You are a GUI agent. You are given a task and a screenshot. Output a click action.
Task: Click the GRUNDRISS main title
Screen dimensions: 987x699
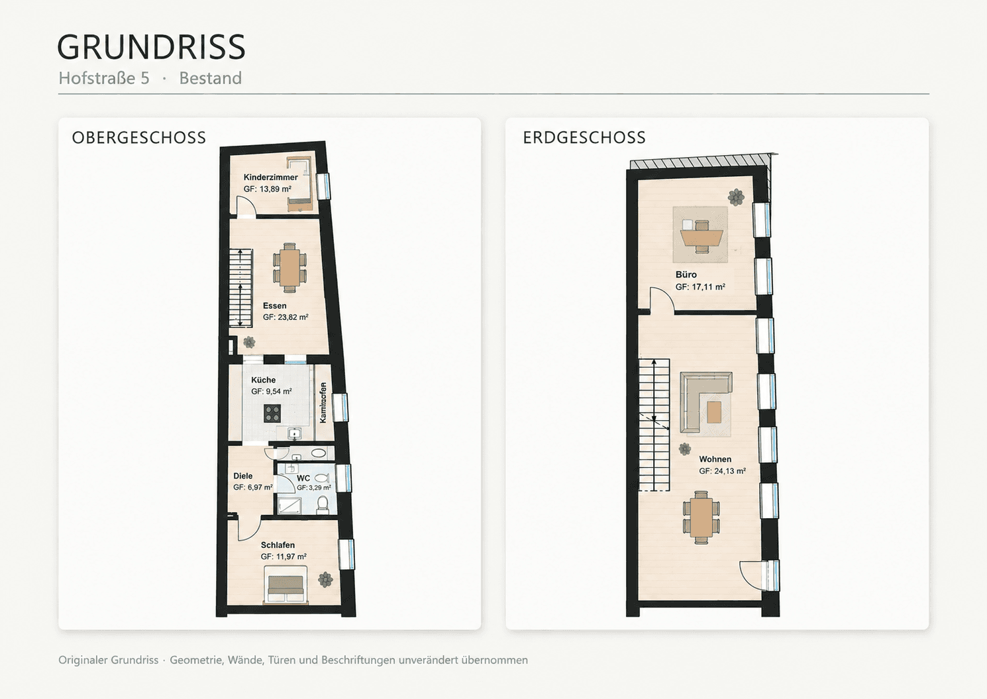coord(151,47)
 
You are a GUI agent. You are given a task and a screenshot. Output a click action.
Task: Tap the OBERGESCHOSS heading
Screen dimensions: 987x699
coord(139,138)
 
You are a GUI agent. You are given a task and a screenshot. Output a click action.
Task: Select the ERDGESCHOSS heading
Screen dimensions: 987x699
coord(584,138)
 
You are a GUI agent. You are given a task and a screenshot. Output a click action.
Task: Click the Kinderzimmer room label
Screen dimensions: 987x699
coord(270,177)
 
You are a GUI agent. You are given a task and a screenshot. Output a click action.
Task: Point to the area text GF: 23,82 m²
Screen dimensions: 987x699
coord(286,317)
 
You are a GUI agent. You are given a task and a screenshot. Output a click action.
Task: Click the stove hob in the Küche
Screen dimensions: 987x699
coord(272,413)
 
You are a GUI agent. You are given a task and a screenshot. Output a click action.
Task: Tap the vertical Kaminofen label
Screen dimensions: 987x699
coord(323,402)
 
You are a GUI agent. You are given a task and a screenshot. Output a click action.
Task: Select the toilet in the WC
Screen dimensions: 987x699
coord(323,505)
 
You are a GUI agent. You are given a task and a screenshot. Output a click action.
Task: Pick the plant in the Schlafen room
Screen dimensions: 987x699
coord(325,580)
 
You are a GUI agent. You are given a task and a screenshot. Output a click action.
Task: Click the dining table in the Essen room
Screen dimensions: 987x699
coord(289,268)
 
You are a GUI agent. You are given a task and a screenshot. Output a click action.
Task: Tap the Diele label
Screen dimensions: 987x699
coord(243,476)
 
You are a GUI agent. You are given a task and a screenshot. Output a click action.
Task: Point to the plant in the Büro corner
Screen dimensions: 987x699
coord(736,197)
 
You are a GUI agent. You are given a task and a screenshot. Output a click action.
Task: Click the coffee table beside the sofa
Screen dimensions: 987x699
coord(714,412)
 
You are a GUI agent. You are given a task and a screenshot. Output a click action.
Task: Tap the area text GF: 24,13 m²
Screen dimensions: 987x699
coord(722,470)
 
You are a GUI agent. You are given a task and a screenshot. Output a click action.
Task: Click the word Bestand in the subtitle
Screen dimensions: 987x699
coord(210,78)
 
